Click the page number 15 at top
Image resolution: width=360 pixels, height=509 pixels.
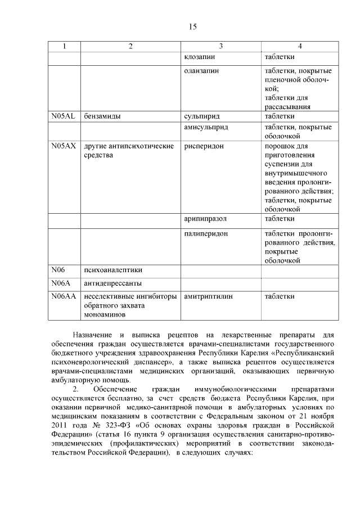(192, 27)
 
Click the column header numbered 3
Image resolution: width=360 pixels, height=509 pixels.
(221, 46)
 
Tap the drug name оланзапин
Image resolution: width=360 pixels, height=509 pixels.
(201, 71)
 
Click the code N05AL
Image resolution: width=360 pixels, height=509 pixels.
(63, 116)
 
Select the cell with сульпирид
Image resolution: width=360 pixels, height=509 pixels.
(201, 116)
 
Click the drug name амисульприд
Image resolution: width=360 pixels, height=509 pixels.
(206, 128)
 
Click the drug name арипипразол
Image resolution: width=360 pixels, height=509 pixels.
(206, 218)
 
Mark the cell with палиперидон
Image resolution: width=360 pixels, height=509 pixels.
(206, 233)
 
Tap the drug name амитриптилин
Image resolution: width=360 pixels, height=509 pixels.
(208, 296)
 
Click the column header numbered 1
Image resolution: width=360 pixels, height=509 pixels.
(64, 46)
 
